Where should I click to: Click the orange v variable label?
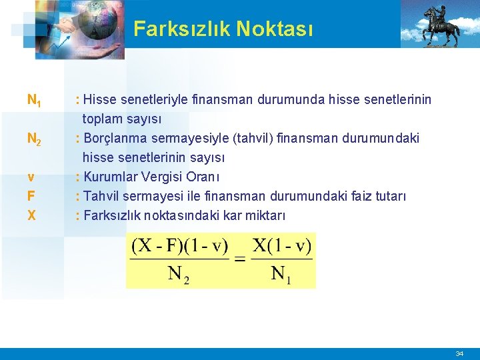(x=31, y=177)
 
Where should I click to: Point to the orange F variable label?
(x=31, y=197)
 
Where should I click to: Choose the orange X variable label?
(x=31, y=215)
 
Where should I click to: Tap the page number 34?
(x=459, y=353)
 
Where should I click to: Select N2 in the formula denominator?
(x=178, y=274)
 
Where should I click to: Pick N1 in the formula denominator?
(x=281, y=274)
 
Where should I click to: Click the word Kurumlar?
(x=112, y=177)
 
